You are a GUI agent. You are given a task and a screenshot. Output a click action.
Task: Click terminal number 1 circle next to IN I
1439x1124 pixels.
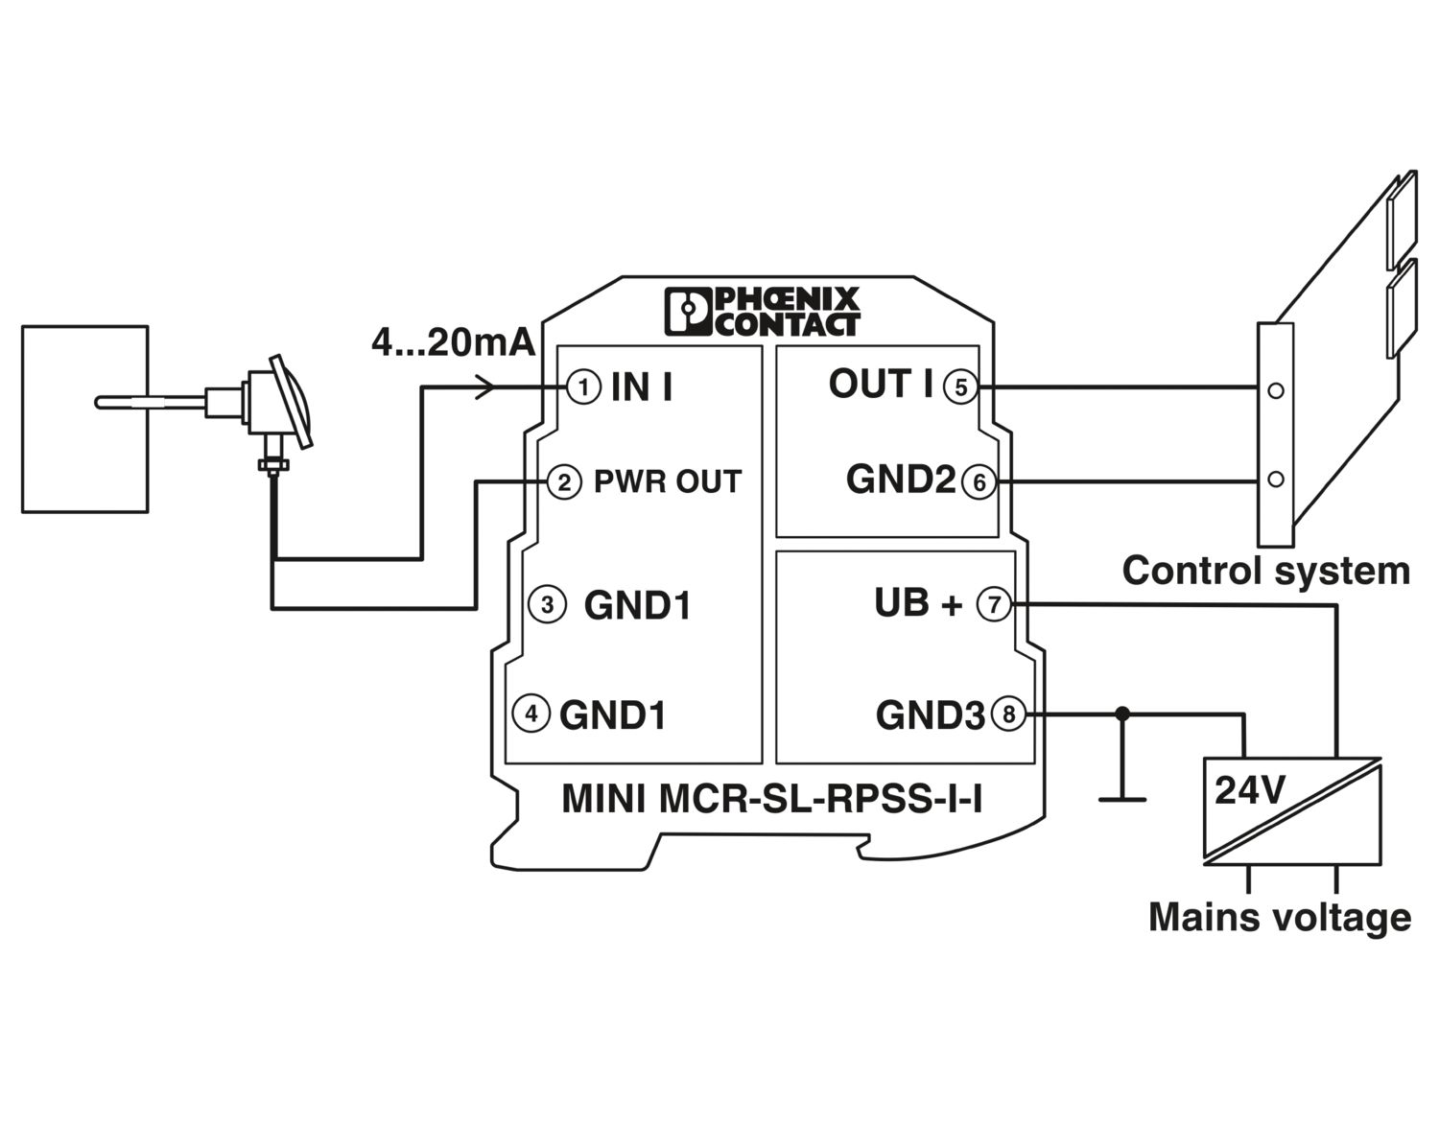tap(582, 387)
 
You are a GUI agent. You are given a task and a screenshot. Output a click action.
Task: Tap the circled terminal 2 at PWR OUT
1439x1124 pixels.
tap(563, 481)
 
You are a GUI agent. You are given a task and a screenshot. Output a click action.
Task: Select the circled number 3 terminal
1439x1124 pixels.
tap(547, 605)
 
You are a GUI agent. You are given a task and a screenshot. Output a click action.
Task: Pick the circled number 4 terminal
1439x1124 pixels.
tap(531, 714)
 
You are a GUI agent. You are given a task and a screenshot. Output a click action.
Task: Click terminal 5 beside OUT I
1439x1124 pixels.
tap(960, 387)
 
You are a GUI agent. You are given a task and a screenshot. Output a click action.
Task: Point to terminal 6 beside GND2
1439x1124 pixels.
tap(979, 481)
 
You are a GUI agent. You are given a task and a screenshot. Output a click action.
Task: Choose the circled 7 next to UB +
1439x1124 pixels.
tap(994, 604)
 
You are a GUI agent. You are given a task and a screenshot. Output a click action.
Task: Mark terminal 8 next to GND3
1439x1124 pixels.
tap(1008, 714)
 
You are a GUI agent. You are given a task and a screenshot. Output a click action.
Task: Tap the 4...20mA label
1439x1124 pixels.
tap(453, 342)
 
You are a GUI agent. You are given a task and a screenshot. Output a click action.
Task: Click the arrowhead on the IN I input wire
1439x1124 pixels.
tap(486, 387)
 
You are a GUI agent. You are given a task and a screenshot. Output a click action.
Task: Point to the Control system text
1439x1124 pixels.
tap(1265, 571)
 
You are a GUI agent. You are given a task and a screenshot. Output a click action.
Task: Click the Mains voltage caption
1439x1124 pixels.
tap(1280, 917)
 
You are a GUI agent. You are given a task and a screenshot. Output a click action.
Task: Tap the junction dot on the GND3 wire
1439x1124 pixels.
tap(1122, 714)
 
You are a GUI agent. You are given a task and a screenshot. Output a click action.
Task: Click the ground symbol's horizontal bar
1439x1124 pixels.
tap(1121, 798)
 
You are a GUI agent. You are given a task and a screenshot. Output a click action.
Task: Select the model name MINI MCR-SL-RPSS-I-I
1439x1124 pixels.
tap(771, 799)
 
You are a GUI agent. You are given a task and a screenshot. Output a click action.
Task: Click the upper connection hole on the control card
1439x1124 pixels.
tap(1275, 391)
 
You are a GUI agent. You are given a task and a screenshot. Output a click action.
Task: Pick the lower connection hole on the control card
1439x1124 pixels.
tap(1275, 479)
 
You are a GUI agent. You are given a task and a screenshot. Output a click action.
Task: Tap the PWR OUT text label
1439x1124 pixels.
tap(668, 481)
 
